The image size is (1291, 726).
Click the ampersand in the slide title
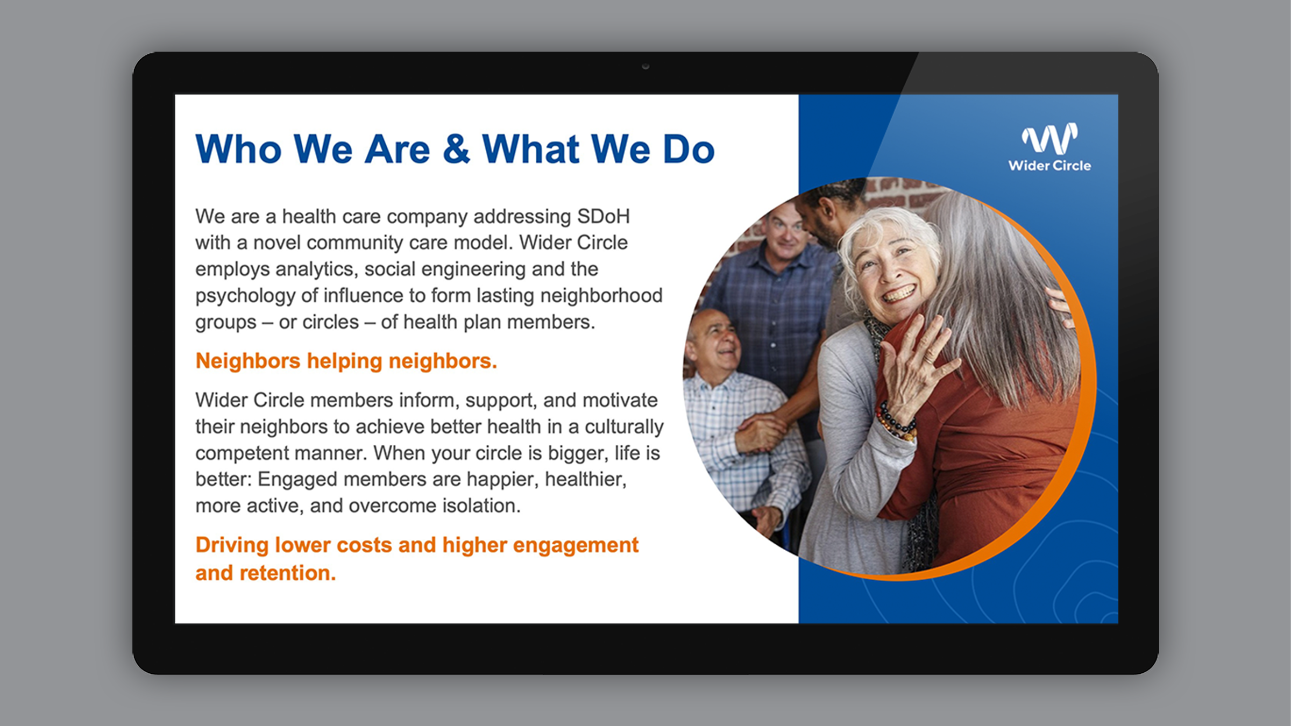(x=456, y=150)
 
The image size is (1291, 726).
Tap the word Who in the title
(x=238, y=150)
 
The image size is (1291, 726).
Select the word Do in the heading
(x=689, y=150)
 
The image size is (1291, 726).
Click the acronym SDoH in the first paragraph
(x=603, y=216)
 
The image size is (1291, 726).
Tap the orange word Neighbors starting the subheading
(x=247, y=361)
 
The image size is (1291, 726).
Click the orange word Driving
(x=232, y=545)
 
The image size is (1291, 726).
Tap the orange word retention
(x=287, y=573)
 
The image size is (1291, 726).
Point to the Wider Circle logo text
(x=1049, y=166)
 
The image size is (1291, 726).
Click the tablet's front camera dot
(x=645, y=66)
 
